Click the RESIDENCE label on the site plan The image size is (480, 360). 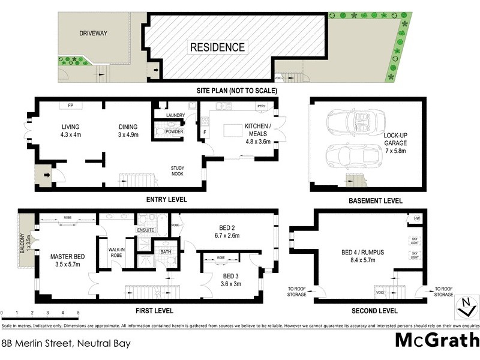point(217,47)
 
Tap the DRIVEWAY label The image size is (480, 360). point(93,34)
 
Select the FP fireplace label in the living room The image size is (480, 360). point(70,106)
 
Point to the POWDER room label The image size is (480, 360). point(175,131)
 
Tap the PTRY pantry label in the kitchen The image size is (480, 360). point(261,106)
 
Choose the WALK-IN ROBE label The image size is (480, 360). point(116,252)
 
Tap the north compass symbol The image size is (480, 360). point(463,306)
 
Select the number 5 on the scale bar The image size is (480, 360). point(78,313)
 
